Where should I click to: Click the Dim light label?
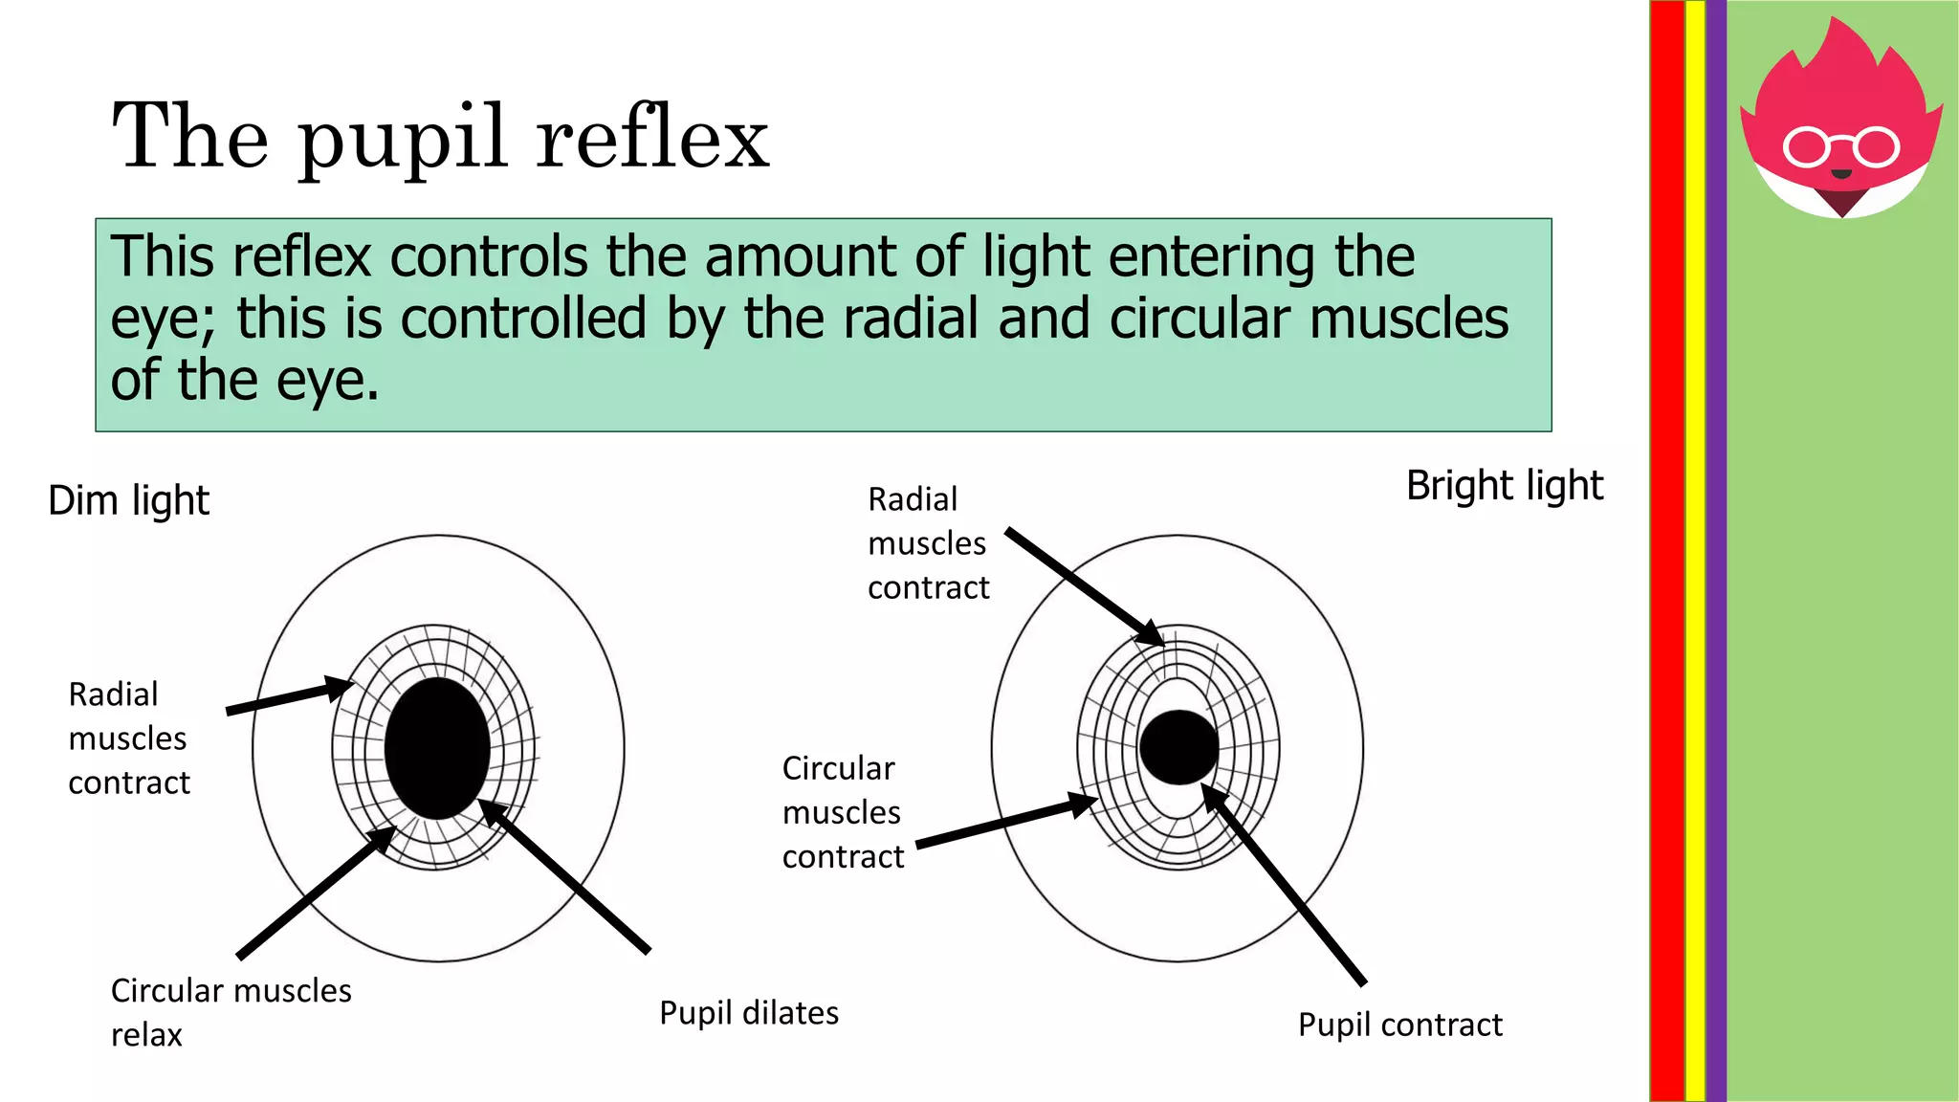point(128,501)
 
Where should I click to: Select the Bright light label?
point(1504,486)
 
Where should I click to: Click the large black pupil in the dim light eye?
point(437,748)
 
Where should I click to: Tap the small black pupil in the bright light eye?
point(1178,747)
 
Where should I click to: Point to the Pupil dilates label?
point(748,1013)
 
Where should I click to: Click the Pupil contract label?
point(1399,1025)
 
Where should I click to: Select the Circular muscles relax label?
point(230,1011)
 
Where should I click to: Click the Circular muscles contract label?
point(842,812)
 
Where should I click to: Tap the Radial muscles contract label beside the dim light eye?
point(128,738)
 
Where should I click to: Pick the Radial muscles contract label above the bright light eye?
point(927,543)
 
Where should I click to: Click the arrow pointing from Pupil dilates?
point(564,875)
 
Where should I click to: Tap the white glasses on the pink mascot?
point(1840,147)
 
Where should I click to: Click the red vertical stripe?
point(1666,551)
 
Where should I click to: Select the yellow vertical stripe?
point(1695,551)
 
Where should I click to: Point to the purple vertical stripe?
point(1716,551)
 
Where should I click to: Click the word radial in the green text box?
point(911,319)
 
